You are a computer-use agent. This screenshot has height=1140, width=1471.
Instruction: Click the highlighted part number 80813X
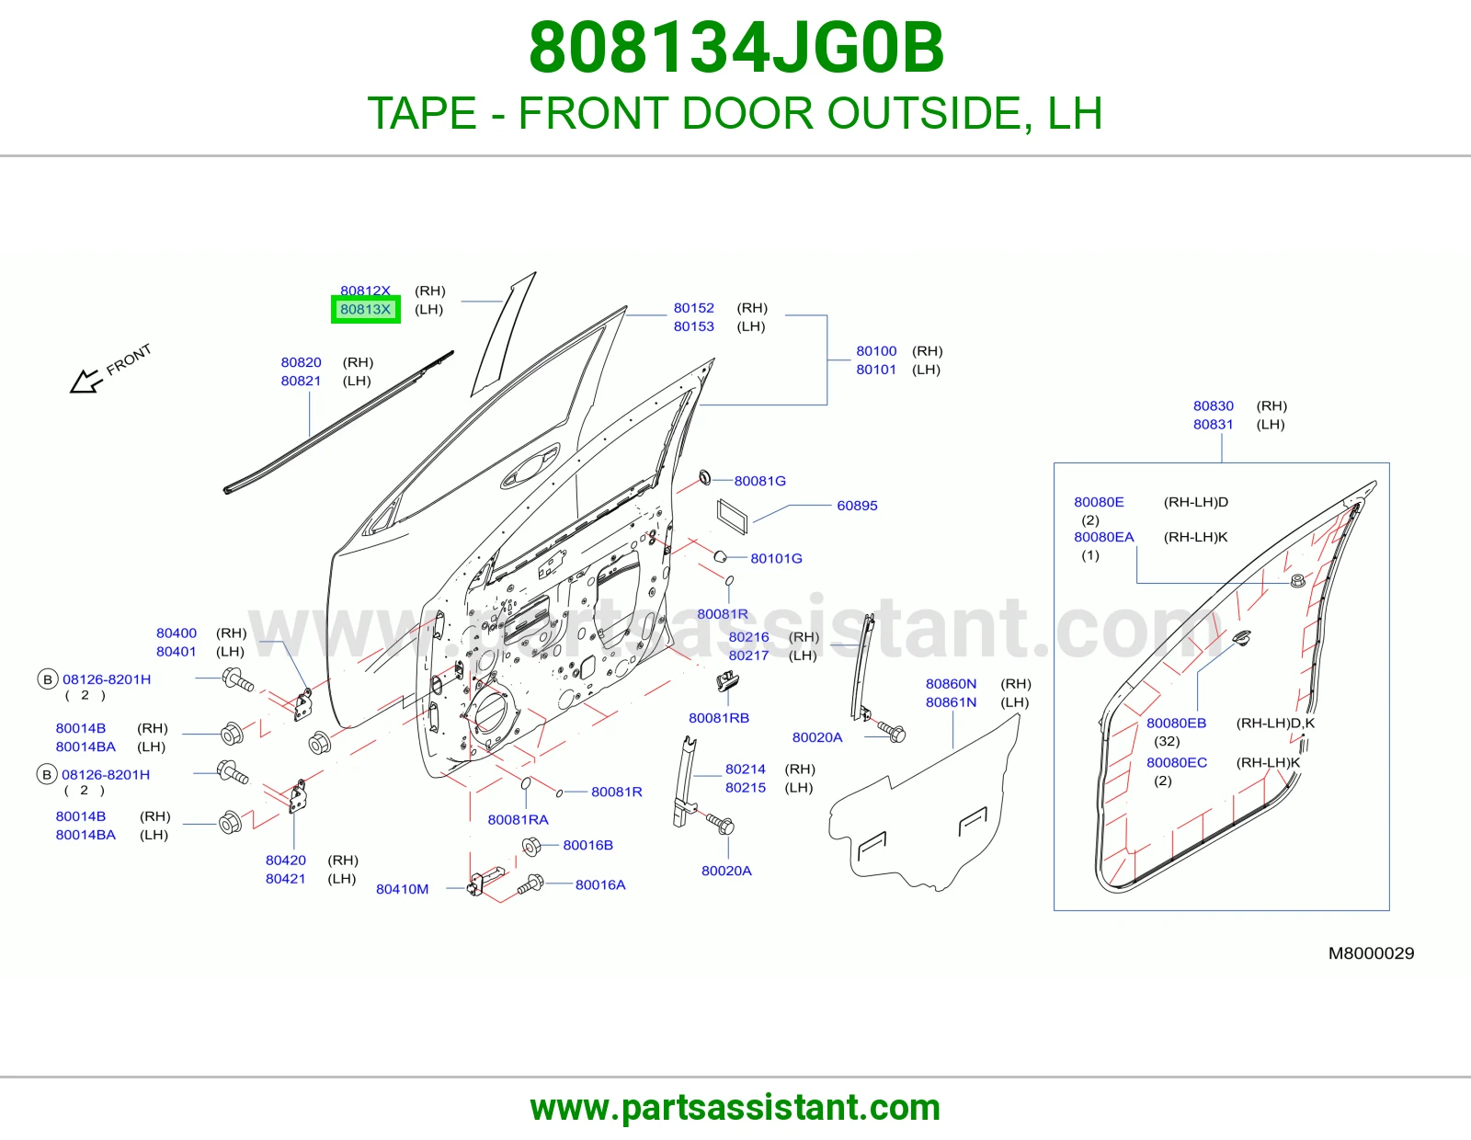(366, 310)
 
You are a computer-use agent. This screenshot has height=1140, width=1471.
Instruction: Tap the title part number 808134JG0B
(735, 48)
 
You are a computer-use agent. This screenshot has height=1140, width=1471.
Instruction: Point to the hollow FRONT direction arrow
(87, 382)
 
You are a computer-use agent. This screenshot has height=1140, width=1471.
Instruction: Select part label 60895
(857, 506)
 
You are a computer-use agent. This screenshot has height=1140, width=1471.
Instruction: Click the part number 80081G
(760, 482)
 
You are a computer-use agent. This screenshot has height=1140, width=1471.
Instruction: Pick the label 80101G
(777, 558)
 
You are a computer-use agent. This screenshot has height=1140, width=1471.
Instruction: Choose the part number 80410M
(402, 889)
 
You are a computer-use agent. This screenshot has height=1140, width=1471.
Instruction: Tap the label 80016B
(587, 845)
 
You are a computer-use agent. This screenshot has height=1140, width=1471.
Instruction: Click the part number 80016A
(600, 884)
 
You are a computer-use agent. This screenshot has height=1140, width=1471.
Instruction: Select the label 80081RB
(719, 718)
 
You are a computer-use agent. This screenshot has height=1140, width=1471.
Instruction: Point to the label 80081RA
(518, 820)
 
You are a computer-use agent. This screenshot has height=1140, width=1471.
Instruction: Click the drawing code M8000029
(1372, 953)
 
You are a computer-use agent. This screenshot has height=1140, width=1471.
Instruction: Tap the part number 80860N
(952, 684)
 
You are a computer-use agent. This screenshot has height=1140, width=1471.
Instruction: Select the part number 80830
(1213, 405)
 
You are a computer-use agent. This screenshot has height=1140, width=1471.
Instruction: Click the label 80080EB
(1177, 723)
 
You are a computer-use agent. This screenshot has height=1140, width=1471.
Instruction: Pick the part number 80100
(876, 350)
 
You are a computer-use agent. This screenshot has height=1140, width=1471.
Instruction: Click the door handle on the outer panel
(530, 466)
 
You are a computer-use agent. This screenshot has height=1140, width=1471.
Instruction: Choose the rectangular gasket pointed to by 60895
(733, 517)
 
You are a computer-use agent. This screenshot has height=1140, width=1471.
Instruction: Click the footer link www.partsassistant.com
(735, 1108)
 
